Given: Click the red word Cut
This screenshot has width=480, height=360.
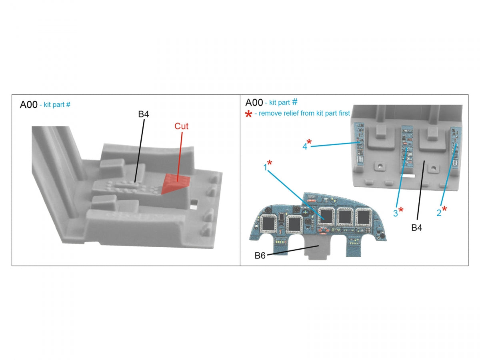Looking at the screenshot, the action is tap(181, 126).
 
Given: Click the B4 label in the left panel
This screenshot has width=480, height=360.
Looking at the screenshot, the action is tap(144, 114).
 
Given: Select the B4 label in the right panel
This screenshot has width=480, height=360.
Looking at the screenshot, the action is tap(416, 228).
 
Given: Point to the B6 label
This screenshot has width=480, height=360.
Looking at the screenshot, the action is tap(260, 255).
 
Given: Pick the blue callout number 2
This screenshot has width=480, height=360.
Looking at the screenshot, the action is tap(439, 213).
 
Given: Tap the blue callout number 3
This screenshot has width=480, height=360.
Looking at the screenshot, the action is tap(395, 213).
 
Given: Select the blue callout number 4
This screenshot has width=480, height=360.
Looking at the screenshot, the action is tap(305, 146).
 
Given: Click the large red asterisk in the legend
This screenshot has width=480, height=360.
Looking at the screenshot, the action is tap(248, 114).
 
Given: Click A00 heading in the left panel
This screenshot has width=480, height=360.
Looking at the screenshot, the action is tap(28, 105).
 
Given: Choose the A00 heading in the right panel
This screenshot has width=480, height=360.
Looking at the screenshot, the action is tap(254, 102).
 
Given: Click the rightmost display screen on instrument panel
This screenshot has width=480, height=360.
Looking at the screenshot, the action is tap(363, 217).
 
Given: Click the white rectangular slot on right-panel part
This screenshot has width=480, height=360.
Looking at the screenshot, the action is tap(407, 176).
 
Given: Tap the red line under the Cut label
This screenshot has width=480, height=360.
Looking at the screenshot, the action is tap(180, 157).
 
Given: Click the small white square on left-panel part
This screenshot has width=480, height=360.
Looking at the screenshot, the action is tap(193, 206).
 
